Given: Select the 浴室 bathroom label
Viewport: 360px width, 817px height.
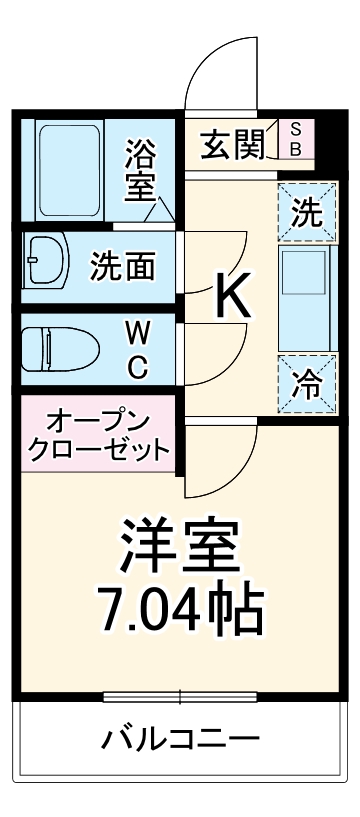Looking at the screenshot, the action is [x=140, y=171].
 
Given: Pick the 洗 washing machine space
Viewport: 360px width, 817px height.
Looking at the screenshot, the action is [x=306, y=211].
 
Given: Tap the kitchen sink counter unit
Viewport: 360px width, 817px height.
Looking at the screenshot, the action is [x=306, y=298].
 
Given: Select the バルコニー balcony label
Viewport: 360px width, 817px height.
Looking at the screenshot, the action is [x=180, y=741].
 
